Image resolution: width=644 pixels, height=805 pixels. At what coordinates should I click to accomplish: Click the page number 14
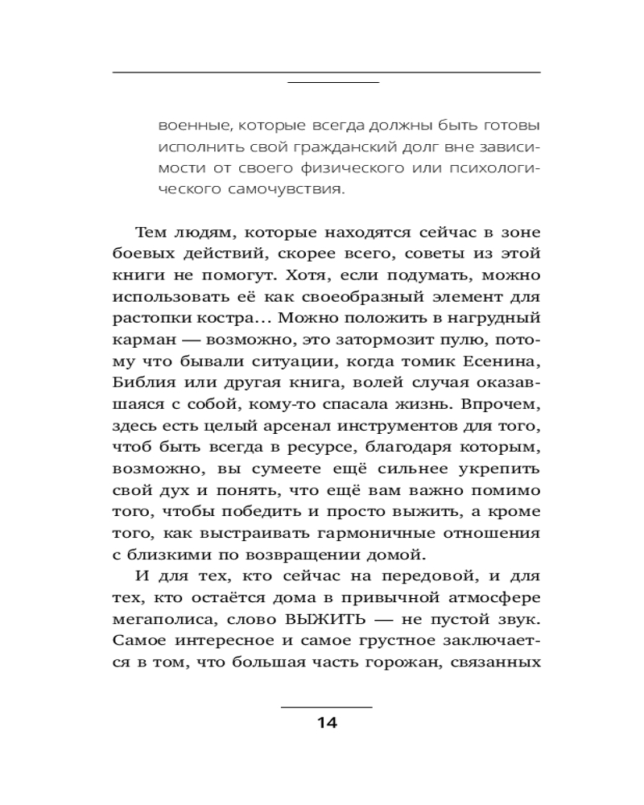327,722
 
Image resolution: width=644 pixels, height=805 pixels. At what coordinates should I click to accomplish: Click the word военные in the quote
188,126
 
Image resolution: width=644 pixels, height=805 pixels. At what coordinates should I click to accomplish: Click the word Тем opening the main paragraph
151,232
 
